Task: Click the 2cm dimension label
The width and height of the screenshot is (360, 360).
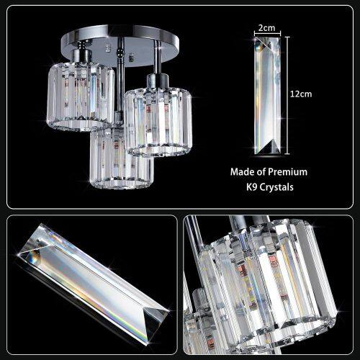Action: (x=266, y=28)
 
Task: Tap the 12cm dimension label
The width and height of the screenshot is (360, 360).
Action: (x=301, y=94)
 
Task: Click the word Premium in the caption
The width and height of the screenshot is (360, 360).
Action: (x=287, y=172)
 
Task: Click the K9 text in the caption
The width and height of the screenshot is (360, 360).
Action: (x=252, y=187)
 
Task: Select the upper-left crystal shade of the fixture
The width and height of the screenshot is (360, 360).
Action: (x=81, y=96)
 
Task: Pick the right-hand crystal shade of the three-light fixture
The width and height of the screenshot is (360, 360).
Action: (x=158, y=122)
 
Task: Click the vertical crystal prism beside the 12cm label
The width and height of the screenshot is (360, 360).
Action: (x=268, y=96)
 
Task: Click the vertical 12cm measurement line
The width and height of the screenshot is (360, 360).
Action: (x=287, y=96)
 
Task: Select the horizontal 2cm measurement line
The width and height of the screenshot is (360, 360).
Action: (x=268, y=34)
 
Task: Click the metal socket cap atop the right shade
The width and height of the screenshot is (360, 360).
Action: (x=157, y=81)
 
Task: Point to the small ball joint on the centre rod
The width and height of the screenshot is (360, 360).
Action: (x=118, y=52)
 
